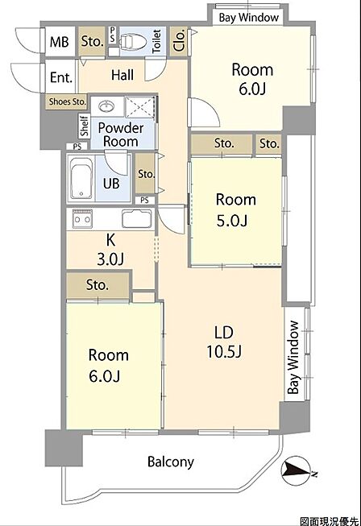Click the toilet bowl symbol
tap(133, 42)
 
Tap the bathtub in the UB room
tap(81, 179)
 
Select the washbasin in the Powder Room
tap(107, 106)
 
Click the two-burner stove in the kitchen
tap(82, 218)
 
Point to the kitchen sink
tap(136, 218)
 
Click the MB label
tap(60, 42)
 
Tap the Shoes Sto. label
tap(67, 101)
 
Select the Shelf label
tap(85, 126)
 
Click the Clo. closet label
tap(179, 40)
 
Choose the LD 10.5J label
tap(224, 342)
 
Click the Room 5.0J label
tap(235, 210)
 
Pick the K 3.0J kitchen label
tap(110, 250)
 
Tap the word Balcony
tap(171, 462)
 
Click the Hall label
tap(122, 75)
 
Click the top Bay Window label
tap(249, 18)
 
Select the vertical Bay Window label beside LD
tap(293, 358)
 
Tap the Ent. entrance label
tap(61, 77)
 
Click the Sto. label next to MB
tap(92, 42)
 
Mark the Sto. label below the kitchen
tap(98, 285)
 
